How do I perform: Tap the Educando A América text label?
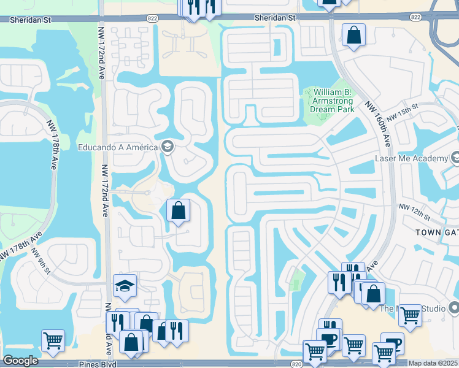point(117,147)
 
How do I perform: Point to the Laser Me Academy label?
point(412,158)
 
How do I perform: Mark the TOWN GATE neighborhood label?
point(437,233)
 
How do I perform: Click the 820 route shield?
point(296,364)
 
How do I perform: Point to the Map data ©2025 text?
point(433,364)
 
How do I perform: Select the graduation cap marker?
point(125,285)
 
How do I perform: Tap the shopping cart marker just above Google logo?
point(53,340)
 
